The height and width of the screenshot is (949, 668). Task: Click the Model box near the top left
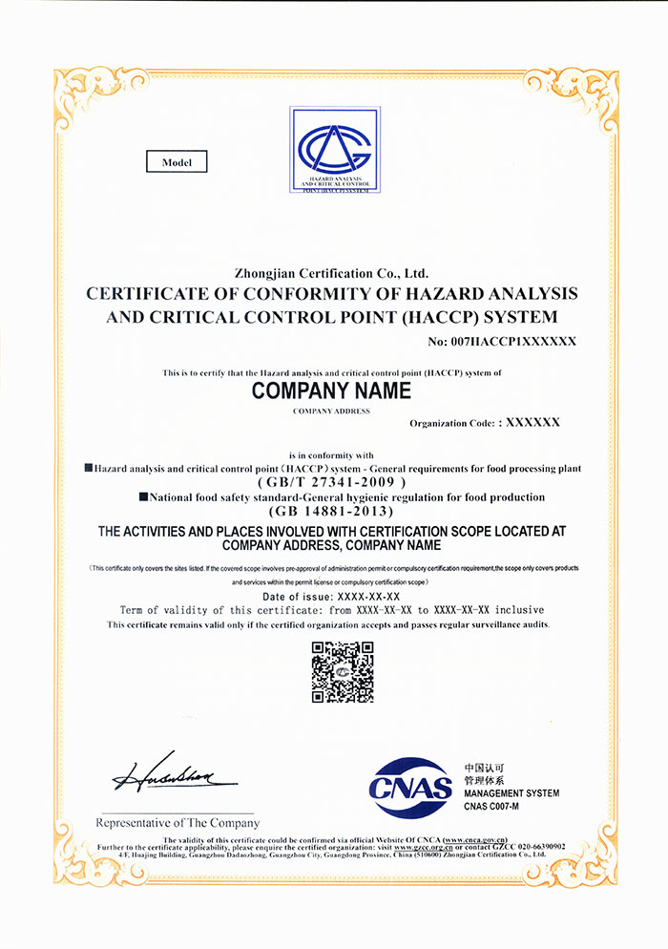(177, 162)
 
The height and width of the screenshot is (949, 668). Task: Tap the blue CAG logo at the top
(335, 150)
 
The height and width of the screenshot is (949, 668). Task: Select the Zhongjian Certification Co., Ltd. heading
(331, 273)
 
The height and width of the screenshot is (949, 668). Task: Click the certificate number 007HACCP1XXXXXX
(502, 340)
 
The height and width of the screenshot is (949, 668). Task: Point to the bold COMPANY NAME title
(331, 390)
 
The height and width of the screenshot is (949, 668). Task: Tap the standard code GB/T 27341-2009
(332, 483)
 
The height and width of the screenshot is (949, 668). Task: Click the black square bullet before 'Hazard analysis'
(89, 469)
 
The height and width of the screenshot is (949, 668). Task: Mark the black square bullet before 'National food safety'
(143, 497)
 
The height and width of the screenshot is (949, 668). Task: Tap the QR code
(343, 672)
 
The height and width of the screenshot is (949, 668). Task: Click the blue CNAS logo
(410, 788)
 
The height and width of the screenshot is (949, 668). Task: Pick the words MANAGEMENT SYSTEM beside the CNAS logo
(511, 793)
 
